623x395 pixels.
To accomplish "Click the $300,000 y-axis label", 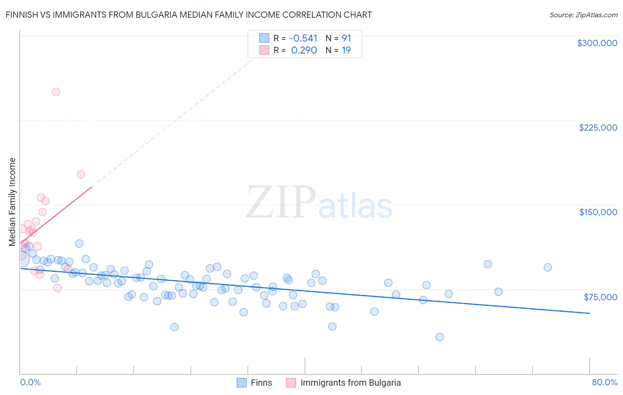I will (597, 43).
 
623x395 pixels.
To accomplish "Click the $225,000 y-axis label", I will (598, 128).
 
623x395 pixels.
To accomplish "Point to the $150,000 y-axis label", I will (598, 212).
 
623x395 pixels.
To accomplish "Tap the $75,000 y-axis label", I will (600, 297).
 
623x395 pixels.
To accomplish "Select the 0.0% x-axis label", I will (30, 382).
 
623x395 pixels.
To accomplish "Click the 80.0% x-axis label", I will (604, 382).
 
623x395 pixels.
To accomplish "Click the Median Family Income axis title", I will (12, 202).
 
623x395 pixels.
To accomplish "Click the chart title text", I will (189, 15).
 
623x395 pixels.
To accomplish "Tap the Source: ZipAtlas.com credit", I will (583, 15).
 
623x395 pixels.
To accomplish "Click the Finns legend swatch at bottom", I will (241, 383).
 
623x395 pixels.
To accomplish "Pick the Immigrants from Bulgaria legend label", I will (350, 383).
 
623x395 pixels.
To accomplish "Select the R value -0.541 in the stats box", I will (303, 38).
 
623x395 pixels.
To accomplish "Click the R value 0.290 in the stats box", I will (304, 50).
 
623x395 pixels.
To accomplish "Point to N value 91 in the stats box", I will (346, 38).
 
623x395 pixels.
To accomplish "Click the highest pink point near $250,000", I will (56, 92).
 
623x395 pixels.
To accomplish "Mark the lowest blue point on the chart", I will (440, 337).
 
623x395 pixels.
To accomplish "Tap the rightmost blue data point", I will (548, 267).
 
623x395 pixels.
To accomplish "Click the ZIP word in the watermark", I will (280, 202).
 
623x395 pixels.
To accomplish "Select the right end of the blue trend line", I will (589, 313).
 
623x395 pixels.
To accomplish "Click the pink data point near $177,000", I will (81, 174).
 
